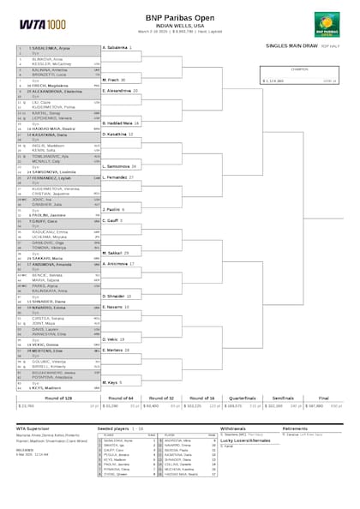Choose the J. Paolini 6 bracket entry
113,209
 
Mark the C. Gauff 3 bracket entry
112,220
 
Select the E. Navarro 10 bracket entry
116,307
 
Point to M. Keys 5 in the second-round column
112,382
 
